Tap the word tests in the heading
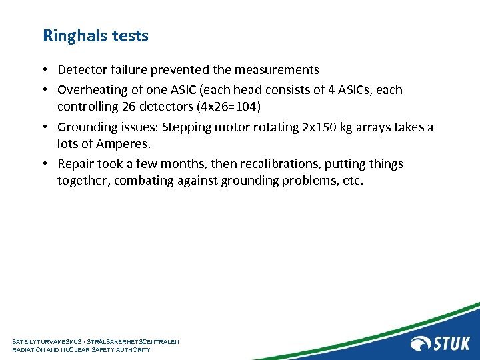(x=130, y=36)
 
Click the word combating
(x=143, y=181)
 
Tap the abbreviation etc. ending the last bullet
(x=353, y=181)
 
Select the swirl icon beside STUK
(x=422, y=343)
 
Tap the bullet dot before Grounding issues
(x=49, y=127)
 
